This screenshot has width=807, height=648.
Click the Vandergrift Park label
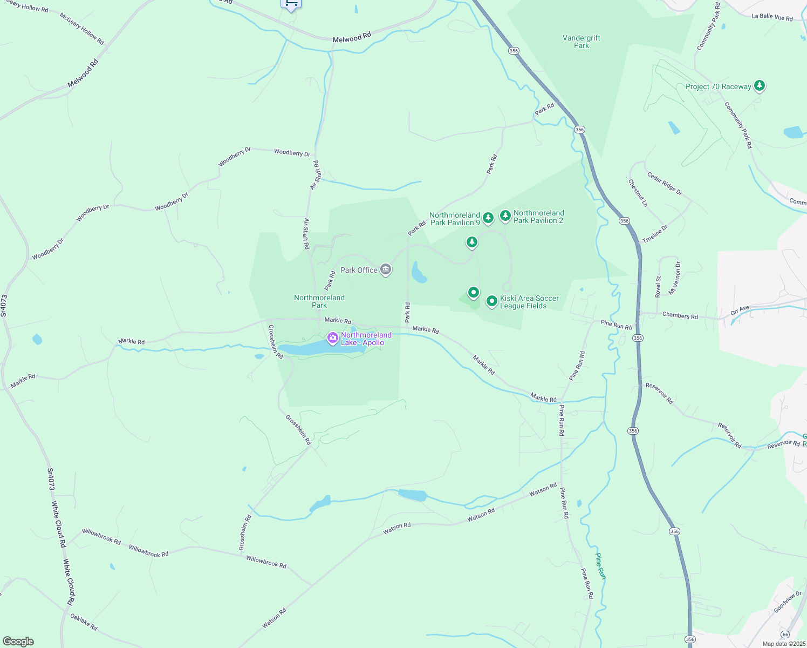point(581,42)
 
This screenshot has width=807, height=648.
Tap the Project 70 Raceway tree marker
point(760,85)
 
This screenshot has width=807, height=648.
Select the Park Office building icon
point(385,269)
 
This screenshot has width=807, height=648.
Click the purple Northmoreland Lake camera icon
point(333,338)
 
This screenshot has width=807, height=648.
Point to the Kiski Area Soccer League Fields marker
point(491,301)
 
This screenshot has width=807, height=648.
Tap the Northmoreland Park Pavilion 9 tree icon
point(488,218)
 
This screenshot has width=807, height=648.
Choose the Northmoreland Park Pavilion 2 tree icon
point(505,216)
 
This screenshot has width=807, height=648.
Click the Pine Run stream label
point(600,566)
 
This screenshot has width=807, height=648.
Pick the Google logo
point(18,642)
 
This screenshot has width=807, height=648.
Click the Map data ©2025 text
point(783,644)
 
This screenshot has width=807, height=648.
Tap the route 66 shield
point(785,634)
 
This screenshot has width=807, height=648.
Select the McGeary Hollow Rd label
point(81,29)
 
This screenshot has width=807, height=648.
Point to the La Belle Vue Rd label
point(772,17)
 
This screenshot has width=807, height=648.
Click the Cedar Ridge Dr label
point(665,184)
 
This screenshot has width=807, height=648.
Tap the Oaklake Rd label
point(84,623)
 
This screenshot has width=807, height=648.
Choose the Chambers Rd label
point(680,316)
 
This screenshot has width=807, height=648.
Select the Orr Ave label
point(740,310)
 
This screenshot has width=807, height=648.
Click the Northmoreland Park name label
point(319,301)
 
